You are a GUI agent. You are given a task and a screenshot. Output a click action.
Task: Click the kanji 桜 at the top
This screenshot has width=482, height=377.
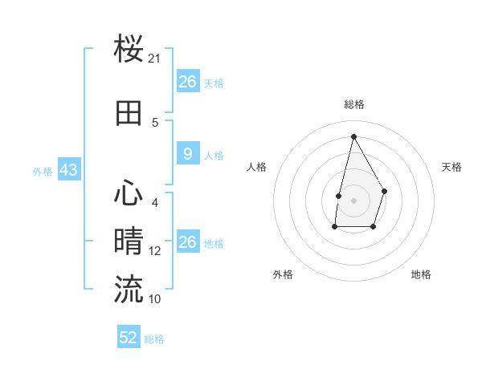point(129,50)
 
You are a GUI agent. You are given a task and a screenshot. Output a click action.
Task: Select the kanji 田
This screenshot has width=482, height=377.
point(129,114)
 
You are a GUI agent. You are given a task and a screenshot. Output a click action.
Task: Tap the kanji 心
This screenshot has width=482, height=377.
point(129,193)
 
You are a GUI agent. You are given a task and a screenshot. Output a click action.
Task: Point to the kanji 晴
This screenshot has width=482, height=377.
point(129,241)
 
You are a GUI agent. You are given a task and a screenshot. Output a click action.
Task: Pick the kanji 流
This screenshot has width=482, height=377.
point(129,289)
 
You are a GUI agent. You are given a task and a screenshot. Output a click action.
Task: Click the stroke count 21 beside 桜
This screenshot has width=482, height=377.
point(155,59)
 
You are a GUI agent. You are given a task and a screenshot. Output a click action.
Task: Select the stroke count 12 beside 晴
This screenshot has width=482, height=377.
point(155,251)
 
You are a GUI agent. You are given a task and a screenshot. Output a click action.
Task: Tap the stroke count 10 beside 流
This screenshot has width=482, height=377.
point(155,299)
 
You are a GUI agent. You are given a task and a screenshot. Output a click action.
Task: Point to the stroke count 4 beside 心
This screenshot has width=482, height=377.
point(155,202)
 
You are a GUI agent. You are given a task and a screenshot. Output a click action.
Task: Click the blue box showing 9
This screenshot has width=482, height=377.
point(187,154)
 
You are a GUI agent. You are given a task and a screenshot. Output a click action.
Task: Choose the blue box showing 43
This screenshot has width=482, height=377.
point(68,171)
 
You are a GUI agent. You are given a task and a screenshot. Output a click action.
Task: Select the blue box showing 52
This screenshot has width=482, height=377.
point(129,338)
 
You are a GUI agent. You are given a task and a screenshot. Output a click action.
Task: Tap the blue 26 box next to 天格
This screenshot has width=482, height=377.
point(187,82)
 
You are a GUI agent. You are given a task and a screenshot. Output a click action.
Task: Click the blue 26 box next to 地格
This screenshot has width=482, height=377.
point(187,242)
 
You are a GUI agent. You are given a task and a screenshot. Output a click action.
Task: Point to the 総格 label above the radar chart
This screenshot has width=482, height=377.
point(353,104)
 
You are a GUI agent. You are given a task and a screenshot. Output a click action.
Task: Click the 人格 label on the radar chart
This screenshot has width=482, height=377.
point(257,167)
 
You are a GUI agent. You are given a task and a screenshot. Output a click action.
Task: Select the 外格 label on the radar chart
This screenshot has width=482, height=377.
point(283,274)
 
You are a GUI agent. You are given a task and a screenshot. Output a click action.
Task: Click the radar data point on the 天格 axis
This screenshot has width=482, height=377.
point(385,191)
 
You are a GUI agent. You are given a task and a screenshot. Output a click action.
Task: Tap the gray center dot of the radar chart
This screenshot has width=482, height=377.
point(353,200)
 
